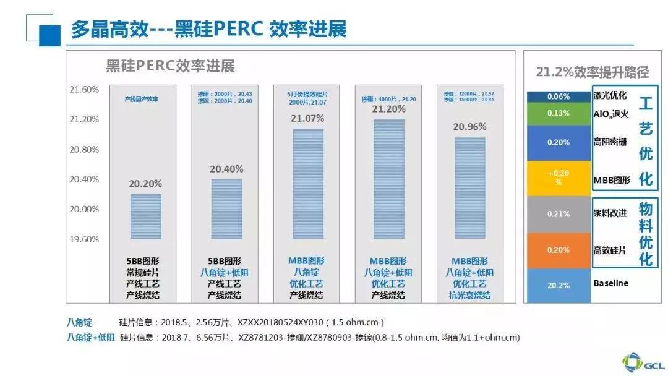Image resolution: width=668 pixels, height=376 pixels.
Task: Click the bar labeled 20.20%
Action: point(145,216)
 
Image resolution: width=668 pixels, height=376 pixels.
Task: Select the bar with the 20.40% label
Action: point(226,209)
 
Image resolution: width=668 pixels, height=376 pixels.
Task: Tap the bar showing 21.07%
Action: point(307,184)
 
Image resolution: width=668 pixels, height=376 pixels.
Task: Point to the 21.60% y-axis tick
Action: point(84,90)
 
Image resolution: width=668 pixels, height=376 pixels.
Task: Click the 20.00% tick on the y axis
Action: point(84,209)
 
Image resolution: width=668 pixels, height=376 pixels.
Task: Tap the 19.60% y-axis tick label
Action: point(84,239)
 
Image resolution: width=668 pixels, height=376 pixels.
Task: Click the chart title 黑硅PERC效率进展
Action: point(170,66)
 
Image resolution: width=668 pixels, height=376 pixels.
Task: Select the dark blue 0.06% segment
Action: point(559,96)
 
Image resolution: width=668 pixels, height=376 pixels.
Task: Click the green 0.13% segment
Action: point(559,113)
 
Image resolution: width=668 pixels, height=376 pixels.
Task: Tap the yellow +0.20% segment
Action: point(559,178)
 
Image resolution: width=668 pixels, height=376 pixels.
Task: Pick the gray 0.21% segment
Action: point(559,214)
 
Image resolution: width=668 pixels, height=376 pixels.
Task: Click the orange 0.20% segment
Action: point(559,250)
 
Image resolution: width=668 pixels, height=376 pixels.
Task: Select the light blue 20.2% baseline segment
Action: point(559,285)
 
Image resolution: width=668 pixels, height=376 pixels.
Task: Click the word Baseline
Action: point(610,283)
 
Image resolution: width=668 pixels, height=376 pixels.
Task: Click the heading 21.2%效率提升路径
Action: point(592,72)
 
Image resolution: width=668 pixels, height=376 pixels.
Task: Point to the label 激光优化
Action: point(609,95)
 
